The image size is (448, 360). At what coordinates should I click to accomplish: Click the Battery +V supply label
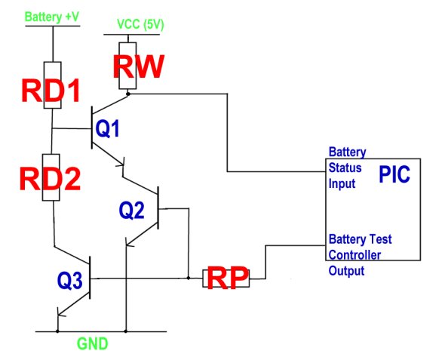pyautogui.click(x=52, y=17)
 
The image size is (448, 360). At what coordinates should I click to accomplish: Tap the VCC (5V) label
pyautogui.click(x=140, y=25)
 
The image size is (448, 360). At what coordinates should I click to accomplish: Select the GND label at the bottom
pyautogui.click(x=93, y=343)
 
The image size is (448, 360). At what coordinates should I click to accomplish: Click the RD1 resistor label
pyautogui.click(x=51, y=91)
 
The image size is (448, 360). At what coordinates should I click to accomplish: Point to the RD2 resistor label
pyautogui.click(x=50, y=180)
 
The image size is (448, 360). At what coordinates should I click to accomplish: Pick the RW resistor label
pyautogui.click(x=139, y=66)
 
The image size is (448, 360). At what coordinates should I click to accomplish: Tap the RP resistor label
pyautogui.click(x=228, y=278)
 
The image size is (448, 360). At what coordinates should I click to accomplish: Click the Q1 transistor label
pyautogui.click(x=107, y=128)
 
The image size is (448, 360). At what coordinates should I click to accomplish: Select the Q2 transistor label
pyautogui.click(x=131, y=210)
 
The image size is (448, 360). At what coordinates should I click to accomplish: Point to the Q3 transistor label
pyautogui.click(x=70, y=281)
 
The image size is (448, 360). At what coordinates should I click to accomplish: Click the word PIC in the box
pyautogui.click(x=394, y=174)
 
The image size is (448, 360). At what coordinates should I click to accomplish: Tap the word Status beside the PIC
pyautogui.click(x=345, y=168)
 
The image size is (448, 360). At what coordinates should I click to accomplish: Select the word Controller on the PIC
pyautogui.click(x=355, y=255)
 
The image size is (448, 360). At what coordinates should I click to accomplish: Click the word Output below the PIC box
pyautogui.click(x=347, y=271)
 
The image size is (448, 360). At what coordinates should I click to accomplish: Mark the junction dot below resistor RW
pyautogui.click(x=128, y=94)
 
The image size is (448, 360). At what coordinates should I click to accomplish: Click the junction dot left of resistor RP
pyautogui.click(x=189, y=278)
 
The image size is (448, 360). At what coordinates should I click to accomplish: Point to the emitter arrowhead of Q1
pyautogui.click(x=121, y=163)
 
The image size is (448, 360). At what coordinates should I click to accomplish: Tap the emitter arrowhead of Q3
pyautogui.click(x=61, y=312)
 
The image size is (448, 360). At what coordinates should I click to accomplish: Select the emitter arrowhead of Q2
pyautogui.click(x=129, y=242)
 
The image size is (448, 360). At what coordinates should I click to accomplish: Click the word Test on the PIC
pyautogui.click(x=380, y=239)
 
